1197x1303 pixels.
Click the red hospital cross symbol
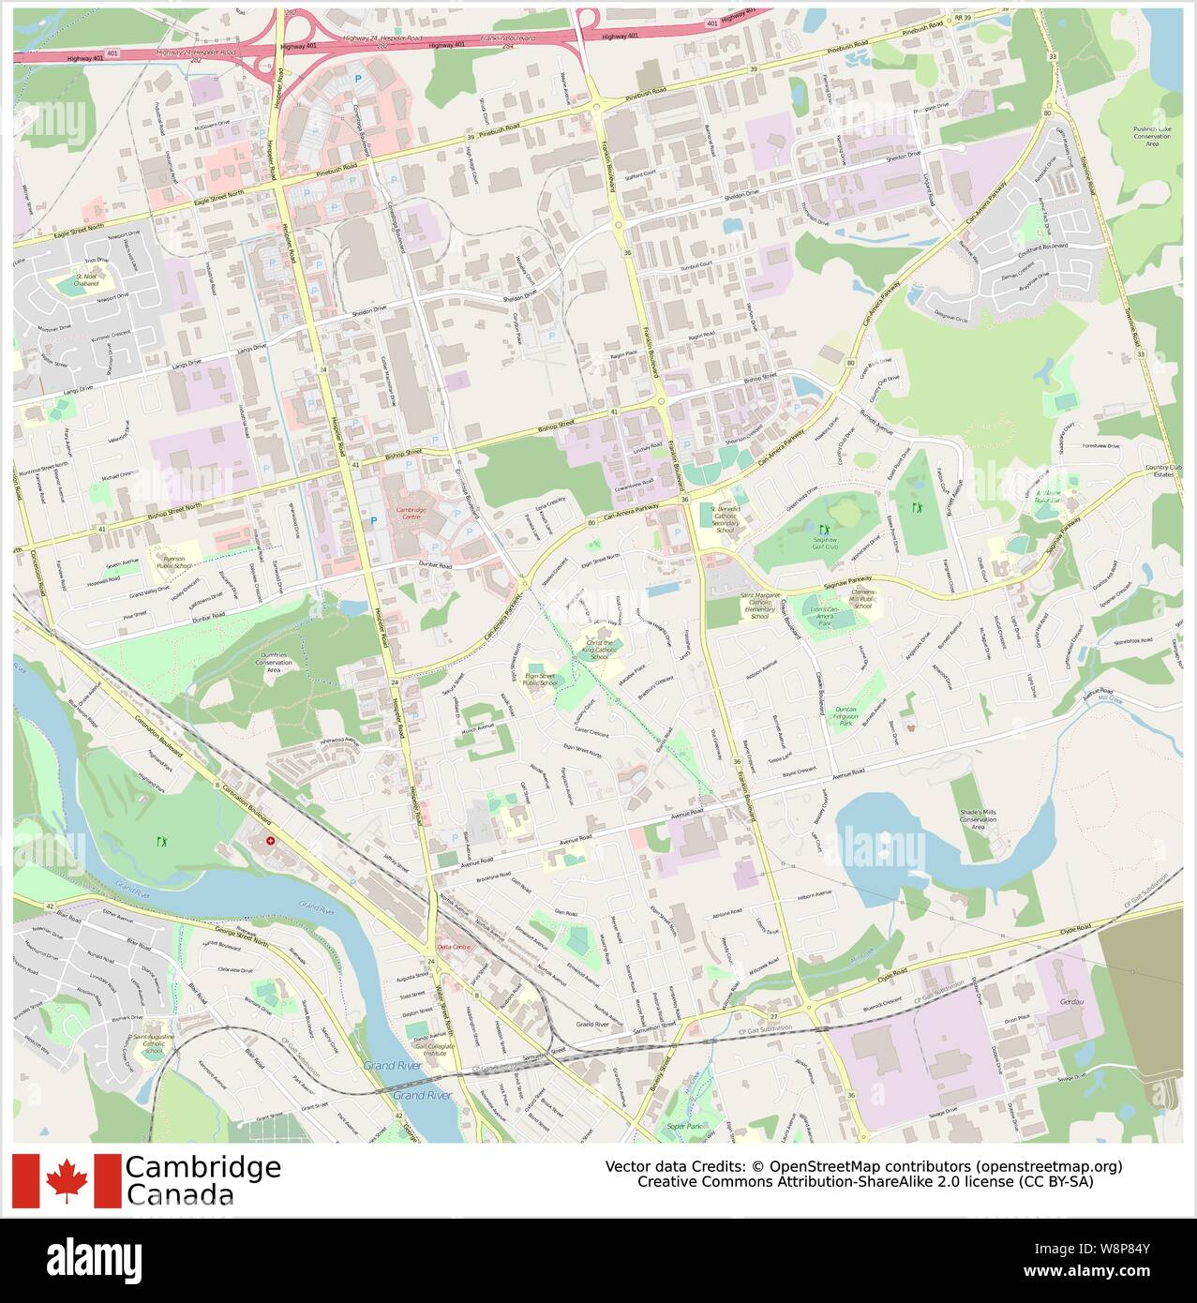click(x=271, y=842)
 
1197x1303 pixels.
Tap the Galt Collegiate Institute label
click(x=427, y=1048)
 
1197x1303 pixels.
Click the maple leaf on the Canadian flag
click(x=67, y=1180)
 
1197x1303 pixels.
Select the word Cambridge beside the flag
click(x=202, y=1167)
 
